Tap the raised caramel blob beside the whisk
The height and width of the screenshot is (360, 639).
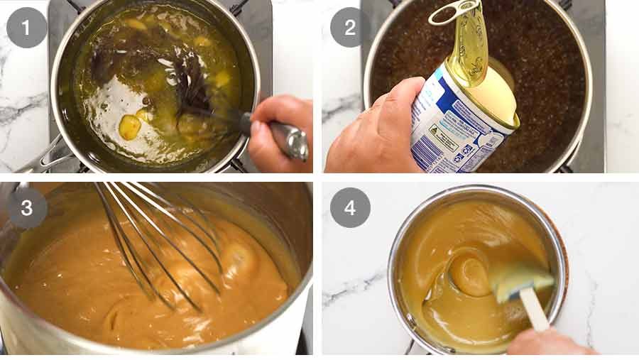click(x=238, y=259)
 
